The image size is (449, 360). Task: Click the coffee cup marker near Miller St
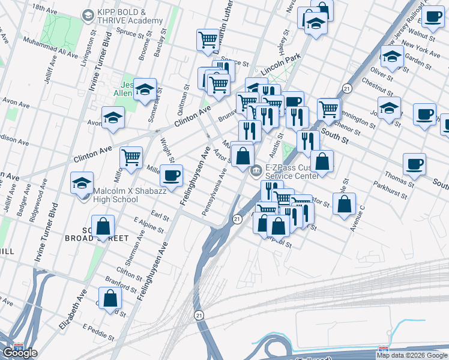[x=171, y=175]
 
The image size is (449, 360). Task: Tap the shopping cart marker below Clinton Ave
[x=131, y=157]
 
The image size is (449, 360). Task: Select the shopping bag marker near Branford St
[x=110, y=298]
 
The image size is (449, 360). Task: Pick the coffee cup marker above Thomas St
[x=414, y=163]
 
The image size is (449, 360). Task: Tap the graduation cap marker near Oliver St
[x=392, y=58]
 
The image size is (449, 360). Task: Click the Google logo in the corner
[x=19, y=352]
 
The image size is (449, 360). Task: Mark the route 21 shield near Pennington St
[x=347, y=88]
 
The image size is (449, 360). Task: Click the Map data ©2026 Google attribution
[x=411, y=355]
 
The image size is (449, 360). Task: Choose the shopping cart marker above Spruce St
[x=208, y=40]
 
